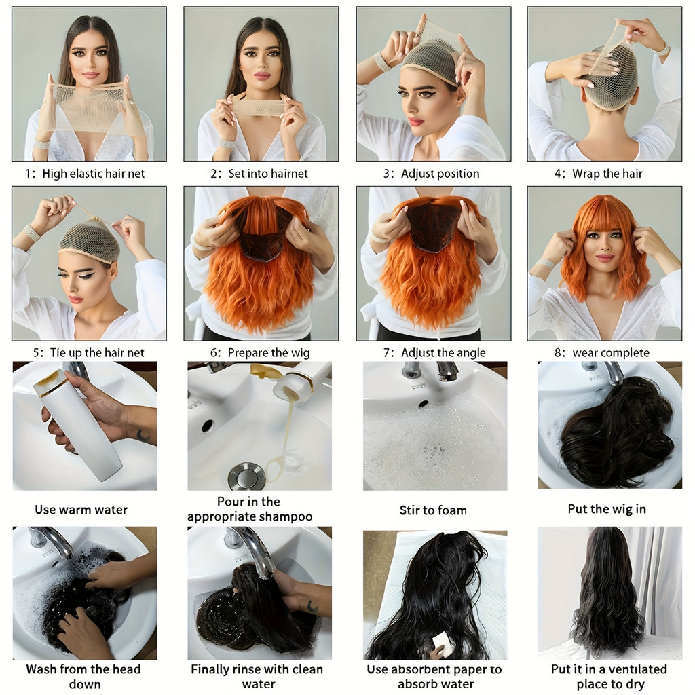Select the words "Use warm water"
pyautogui.click(x=81, y=510)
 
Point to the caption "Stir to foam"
pyautogui.click(x=433, y=510)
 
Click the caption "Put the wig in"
pyautogui.click(x=607, y=509)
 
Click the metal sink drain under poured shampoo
pyautogui.click(x=246, y=476)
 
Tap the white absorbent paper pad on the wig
pyautogui.click(x=443, y=643)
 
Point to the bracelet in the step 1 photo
pyautogui.click(x=42, y=144)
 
